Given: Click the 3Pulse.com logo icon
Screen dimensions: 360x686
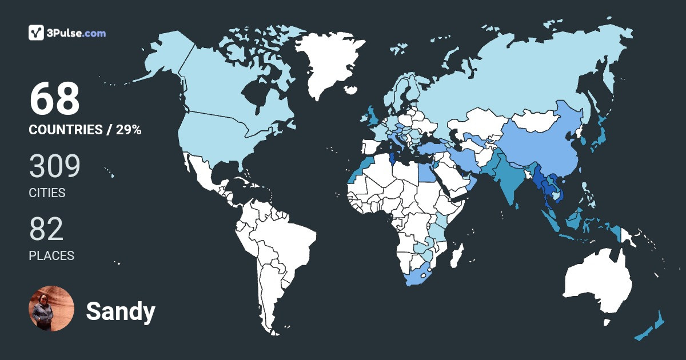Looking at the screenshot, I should coord(37,33).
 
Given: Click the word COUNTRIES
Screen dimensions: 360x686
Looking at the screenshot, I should coord(65,130).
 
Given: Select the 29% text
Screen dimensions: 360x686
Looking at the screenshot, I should coord(129,130).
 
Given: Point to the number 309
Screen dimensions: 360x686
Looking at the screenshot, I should coord(54,166).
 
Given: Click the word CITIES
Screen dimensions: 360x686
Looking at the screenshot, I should coord(47,193).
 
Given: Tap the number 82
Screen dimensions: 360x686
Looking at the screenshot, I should coord(46,229).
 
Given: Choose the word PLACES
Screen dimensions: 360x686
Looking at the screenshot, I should coord(51,256).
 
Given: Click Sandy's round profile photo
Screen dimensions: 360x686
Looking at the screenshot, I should coord(51,309).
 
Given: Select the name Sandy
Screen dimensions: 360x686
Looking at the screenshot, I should coord(121,311).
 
